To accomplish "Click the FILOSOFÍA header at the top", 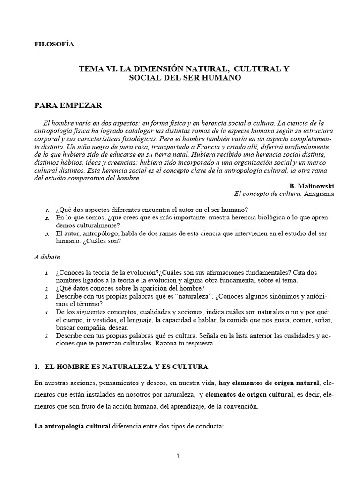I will tap(54, 45).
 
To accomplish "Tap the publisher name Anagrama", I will tap(318, 194).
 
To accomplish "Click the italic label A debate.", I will tap(48, 257).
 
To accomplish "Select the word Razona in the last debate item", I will tap(182, 344).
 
